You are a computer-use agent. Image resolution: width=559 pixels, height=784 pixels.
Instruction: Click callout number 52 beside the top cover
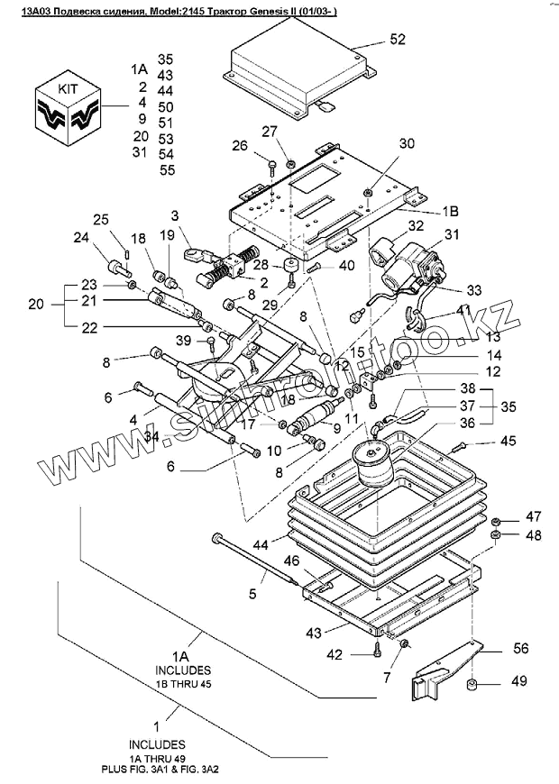click(398, 39)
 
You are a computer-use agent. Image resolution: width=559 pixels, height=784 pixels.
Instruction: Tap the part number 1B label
click(450, 211)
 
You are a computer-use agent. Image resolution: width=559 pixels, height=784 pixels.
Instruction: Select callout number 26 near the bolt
click(240, 146)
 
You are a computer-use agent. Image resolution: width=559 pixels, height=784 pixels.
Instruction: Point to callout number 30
click(407, 143)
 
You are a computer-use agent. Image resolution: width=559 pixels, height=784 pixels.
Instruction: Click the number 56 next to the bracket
click(520, 648)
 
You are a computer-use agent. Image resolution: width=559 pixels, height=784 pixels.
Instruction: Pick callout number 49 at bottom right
click(519, 680)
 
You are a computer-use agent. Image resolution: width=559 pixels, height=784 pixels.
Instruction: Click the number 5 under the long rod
click(252, 594)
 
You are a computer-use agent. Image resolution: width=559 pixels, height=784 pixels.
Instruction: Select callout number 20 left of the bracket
click(36, 304)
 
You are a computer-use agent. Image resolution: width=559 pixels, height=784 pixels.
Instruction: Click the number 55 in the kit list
click(167, 170)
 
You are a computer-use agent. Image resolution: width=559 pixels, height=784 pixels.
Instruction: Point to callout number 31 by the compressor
click(451, 234)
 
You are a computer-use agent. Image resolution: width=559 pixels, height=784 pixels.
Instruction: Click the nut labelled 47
click(497, 522)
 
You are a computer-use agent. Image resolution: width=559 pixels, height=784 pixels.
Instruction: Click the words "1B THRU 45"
click(183, 684)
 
